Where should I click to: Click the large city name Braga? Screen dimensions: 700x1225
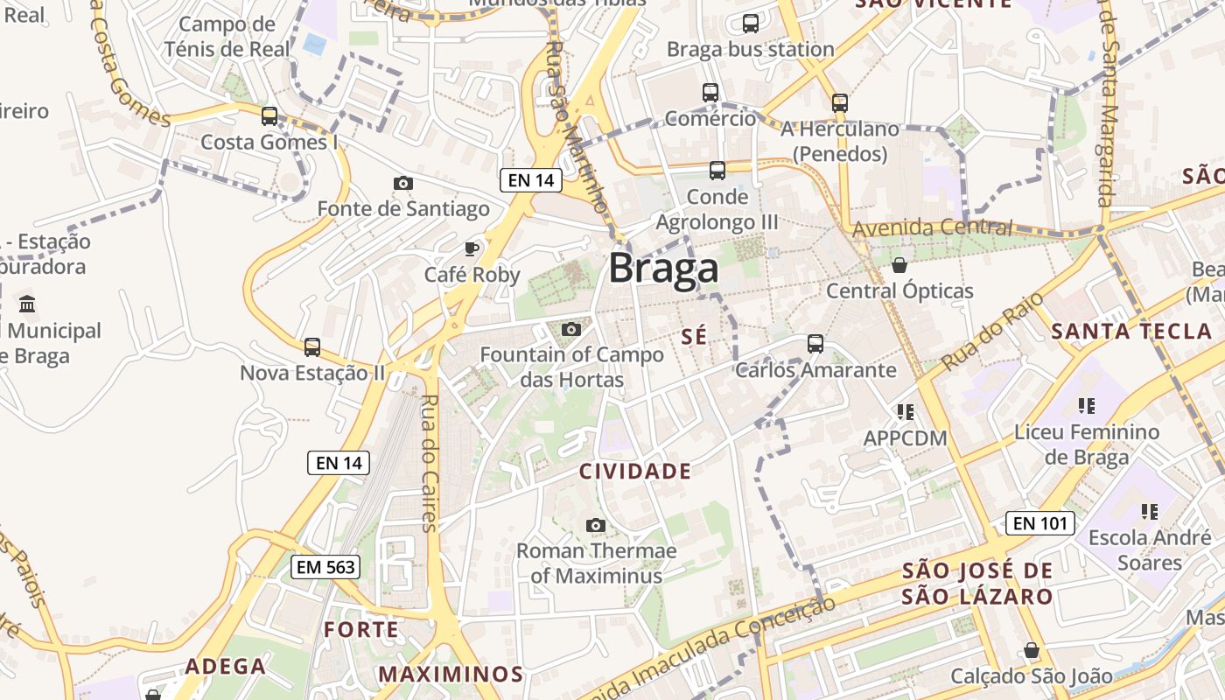[x=663, y=268]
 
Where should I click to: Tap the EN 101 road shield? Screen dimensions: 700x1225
[x=1039, y=523]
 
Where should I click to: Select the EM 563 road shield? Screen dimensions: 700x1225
[x=325, y=567]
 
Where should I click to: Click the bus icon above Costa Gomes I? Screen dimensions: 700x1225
[x=269, y=115]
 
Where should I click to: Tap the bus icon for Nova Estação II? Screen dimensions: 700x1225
[x=312, y=346]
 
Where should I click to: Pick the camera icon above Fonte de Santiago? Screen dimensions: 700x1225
[x=403, y=183]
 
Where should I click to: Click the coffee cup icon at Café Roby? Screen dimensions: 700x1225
[x=472, y=248]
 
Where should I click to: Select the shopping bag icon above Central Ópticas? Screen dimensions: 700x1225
[x=899, y=264]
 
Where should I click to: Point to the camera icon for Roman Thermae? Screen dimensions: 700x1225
[x=596, y=525]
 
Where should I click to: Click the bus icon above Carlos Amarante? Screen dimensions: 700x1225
[x=815, y=343]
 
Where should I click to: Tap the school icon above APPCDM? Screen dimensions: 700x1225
[x=905, y=411]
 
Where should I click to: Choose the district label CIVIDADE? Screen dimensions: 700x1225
[x=635, y=472]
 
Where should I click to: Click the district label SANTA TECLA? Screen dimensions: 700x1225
[x=1131, y=331]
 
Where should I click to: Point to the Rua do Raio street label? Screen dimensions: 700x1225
[x=992, y=332]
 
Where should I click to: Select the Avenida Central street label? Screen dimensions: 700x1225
[x=932, y=228]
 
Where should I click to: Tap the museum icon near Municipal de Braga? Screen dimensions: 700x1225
[x=27, y=304]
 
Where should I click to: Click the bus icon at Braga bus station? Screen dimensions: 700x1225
[x=751, y=24]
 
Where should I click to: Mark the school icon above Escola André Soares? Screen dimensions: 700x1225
[x=1149, y=511]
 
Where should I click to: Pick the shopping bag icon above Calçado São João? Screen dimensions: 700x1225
[x=1032, y=650]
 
